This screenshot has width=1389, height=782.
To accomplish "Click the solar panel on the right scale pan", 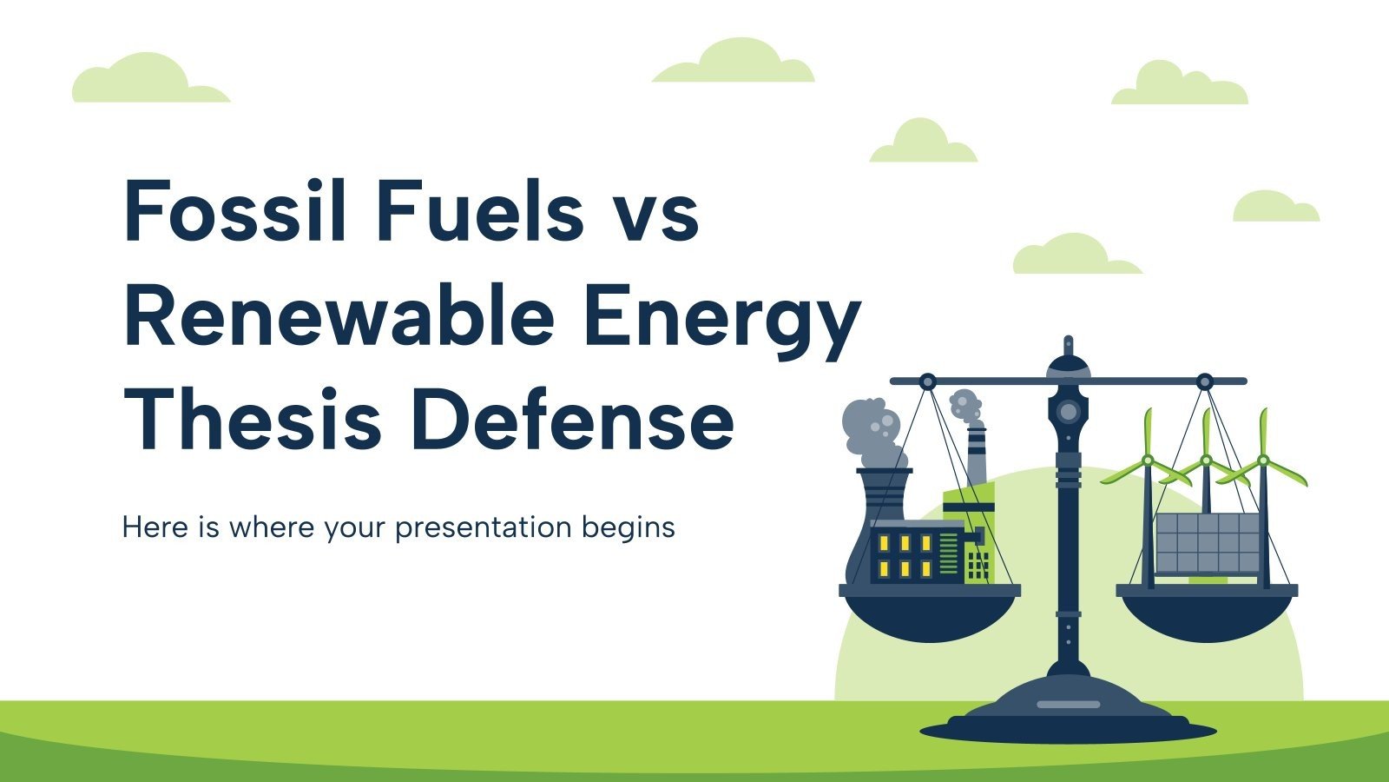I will tap(1208, 543).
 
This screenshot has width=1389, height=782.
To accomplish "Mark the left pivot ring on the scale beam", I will tap(927, 381).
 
